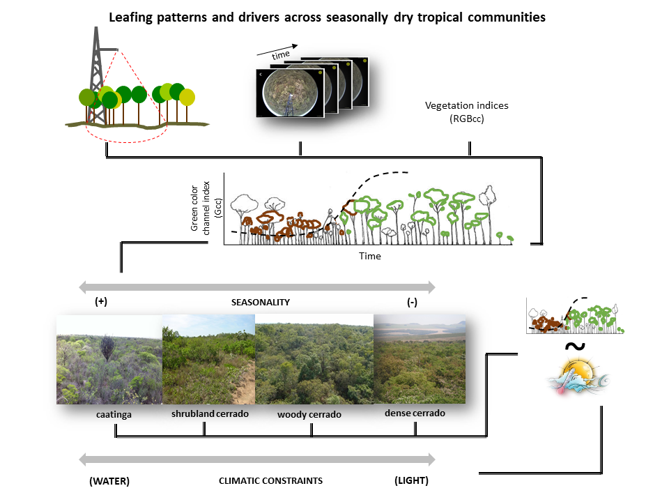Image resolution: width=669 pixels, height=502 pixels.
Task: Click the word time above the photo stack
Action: coord(280,54)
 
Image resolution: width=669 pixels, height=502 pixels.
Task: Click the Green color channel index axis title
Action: coord(206,208)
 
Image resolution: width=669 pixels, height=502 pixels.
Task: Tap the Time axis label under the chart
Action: coord(370,256)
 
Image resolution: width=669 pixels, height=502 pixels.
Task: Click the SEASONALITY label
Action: coord(260,303)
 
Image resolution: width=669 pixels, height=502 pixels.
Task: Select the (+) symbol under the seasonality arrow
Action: coord(101,303)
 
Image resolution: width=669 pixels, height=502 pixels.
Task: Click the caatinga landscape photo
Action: coord(109,359)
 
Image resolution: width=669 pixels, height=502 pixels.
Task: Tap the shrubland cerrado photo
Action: coord(208,359)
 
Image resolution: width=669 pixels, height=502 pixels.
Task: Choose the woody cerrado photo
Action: coord(314,359)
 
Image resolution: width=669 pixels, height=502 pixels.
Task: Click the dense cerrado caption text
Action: coord(415,413)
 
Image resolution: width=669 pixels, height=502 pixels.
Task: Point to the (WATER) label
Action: coord(109,481)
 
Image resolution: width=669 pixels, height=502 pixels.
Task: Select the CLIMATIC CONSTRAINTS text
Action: coord(270,481)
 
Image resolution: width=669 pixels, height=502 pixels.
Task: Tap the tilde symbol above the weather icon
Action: coord(573,347)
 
